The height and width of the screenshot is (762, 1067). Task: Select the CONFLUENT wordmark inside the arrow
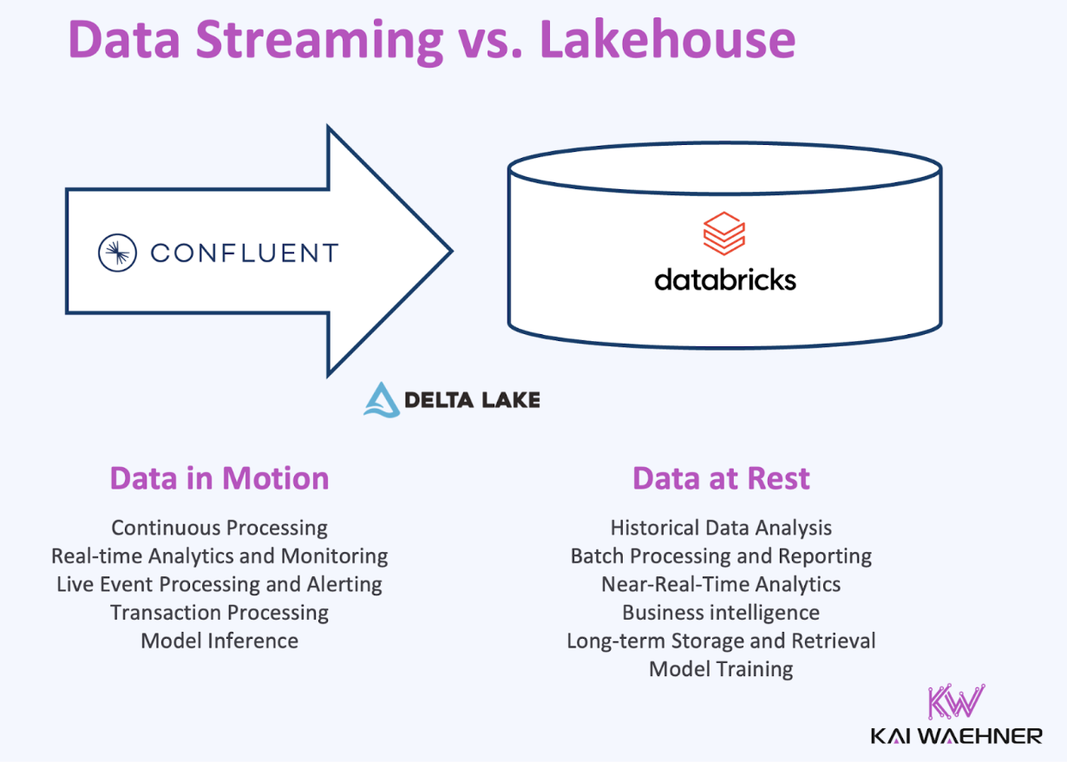243,253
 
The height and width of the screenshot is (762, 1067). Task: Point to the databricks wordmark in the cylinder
724,279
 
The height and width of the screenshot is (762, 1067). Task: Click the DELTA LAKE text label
472,399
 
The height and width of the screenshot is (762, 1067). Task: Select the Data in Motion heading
219,478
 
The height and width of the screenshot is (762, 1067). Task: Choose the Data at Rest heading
721,478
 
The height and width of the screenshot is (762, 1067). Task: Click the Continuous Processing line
219,528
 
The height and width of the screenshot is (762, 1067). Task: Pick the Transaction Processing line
219,613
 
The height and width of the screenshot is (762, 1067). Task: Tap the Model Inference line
219,641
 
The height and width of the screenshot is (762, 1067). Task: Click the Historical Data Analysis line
721,528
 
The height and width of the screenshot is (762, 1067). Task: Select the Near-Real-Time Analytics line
721,584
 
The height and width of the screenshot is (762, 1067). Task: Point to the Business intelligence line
721,613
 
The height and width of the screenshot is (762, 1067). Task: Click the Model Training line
721,669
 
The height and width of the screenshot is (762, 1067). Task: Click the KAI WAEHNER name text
957,736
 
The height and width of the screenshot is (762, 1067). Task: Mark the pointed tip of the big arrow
450,252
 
